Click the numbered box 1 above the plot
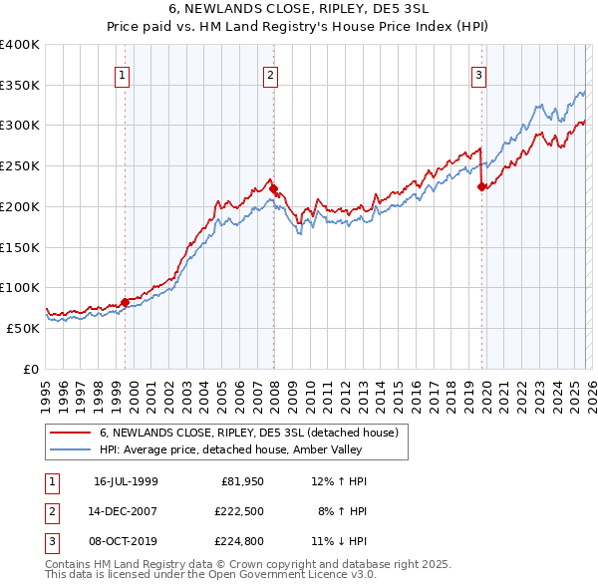122,74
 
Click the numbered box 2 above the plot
270,74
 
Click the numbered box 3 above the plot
478,74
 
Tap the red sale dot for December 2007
273,188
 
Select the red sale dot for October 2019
481,186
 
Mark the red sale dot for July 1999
125,302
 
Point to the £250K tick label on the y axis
20,165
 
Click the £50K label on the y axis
23,328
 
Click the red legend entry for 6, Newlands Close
248,433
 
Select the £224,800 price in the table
240,541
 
